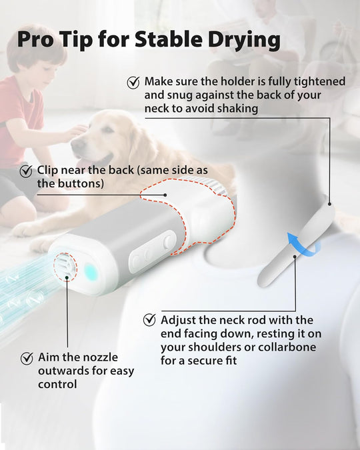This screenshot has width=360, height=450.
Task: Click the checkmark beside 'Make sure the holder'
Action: tap(133, 82)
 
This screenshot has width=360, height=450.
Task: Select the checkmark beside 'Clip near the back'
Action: tap(26, 171)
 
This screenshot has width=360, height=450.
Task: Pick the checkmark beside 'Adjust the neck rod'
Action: tap(149, 321)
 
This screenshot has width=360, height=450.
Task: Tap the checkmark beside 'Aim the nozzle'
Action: tap(27, 358)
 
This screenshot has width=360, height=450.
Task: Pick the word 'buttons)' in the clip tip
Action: tap(81, 183)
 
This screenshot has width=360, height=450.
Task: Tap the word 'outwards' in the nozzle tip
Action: tap(60, 371)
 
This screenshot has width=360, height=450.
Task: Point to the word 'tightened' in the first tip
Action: tap(319, 81)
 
